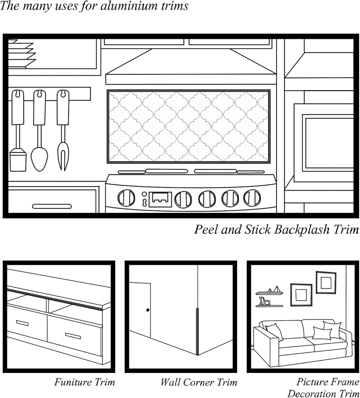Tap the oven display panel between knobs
click(160, 199)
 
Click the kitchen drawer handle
click(52, 206)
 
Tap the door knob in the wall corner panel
click(148, 310)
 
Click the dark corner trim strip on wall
click(197, 332)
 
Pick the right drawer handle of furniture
click(73, 336)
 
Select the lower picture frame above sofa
click(301, 295)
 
